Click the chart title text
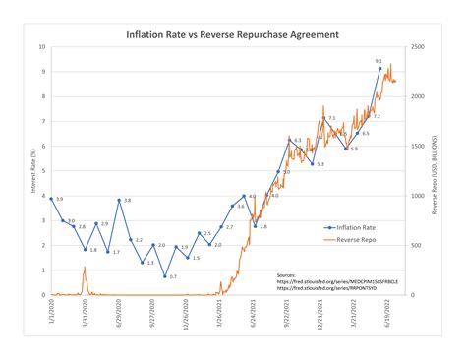tap(232, 34)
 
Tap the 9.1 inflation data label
tap(379, 61)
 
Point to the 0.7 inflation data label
tap(173, 276)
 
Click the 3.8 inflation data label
tap(128, 200)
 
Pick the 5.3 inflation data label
tap(320, 163)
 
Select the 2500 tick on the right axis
tap(418, 47)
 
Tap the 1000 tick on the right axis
tap(418, 196)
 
